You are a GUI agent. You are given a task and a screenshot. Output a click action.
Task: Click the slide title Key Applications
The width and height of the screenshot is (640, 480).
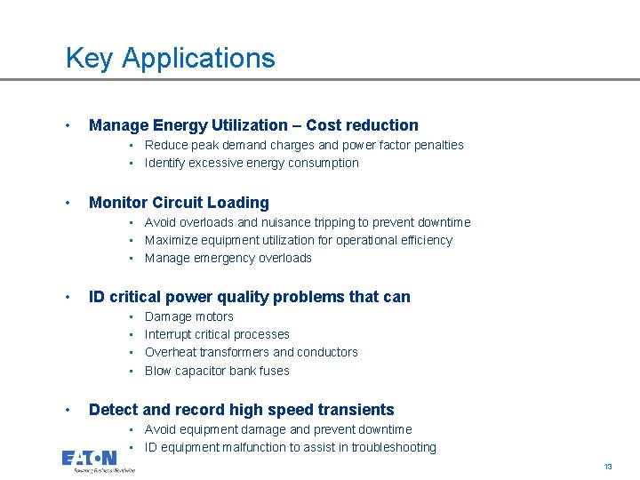171,59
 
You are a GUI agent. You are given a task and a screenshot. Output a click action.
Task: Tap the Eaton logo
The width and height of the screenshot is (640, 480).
89,459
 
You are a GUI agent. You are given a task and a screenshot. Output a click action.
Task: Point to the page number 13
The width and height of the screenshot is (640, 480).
608,467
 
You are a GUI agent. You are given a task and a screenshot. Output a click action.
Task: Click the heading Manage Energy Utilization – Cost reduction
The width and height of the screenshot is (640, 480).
253,125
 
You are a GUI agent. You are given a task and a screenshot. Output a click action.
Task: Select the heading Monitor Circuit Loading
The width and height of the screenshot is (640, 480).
179,203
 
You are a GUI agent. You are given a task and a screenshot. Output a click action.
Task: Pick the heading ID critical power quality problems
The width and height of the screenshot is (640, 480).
250,297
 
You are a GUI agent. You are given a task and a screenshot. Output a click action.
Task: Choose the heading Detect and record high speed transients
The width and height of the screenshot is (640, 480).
242,410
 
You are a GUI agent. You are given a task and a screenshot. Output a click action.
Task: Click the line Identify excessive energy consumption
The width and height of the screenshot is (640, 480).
252,163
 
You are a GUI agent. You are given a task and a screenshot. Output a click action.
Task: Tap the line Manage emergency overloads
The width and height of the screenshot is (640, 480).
228,258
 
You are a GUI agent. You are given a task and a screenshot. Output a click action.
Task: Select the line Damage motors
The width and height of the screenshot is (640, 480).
189,316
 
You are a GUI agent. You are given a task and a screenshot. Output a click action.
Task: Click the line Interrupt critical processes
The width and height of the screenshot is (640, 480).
217,334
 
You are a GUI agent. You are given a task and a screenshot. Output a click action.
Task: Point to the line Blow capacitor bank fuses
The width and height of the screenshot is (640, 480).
217,371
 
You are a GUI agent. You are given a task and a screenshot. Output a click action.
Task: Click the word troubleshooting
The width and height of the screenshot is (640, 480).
394,447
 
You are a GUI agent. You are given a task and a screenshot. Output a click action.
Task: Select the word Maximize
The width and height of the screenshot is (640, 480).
172,240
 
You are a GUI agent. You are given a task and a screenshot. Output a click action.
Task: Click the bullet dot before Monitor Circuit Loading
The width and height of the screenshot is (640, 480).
69,203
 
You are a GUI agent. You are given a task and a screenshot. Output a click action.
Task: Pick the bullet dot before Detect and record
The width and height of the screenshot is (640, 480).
69,410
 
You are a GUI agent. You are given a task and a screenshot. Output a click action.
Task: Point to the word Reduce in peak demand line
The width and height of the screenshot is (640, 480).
165,145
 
